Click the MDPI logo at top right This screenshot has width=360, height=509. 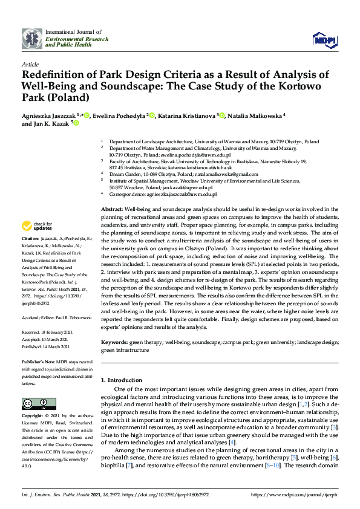324,39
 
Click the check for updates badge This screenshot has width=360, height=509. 36,226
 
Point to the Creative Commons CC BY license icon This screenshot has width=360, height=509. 35,403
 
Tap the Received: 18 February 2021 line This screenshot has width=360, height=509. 48,332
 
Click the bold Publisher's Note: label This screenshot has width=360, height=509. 39,361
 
